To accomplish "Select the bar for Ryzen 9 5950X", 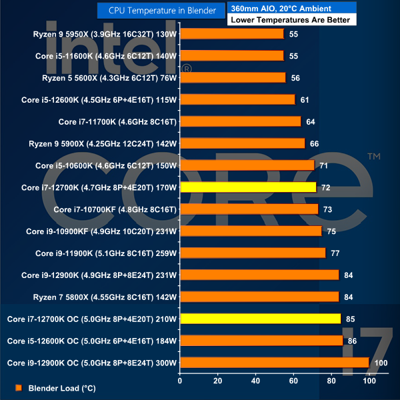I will tap(232, 34).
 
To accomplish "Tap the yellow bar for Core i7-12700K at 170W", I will tap(248, 187).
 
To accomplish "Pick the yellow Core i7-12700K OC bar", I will tap(260, 319).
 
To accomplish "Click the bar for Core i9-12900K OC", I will tap(274, 363).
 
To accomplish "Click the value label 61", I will tap(305, 100).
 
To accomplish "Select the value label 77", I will tap(335, 253).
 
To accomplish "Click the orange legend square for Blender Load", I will tap(19, 387).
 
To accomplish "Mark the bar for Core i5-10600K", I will tap(247, 165).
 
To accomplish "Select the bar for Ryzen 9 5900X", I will tap(242, 143).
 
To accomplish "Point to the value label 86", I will tap(353, 341).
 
